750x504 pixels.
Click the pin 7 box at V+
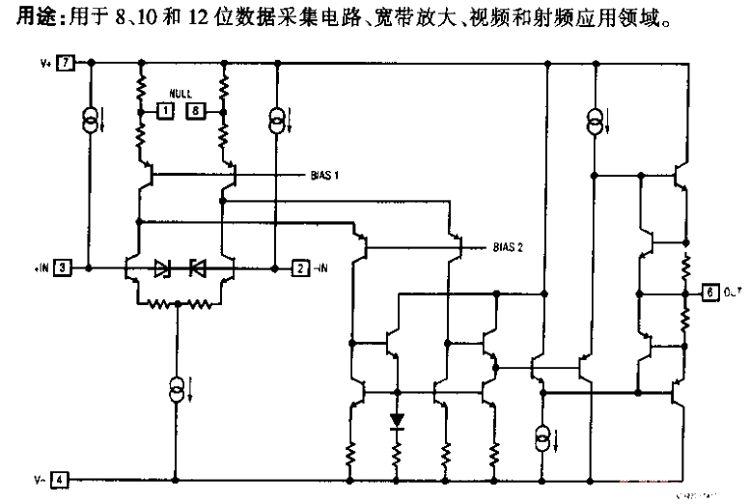[65, 64]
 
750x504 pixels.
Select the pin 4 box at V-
[60, 478]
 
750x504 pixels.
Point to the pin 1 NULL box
[165, 112]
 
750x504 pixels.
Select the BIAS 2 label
[507, 247]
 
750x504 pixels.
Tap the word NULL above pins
[181, 94]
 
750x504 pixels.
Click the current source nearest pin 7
[89, 120]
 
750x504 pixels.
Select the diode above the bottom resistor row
[397, 421]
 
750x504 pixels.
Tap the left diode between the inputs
[162, 267]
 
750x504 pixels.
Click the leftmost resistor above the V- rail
[351, 451]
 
